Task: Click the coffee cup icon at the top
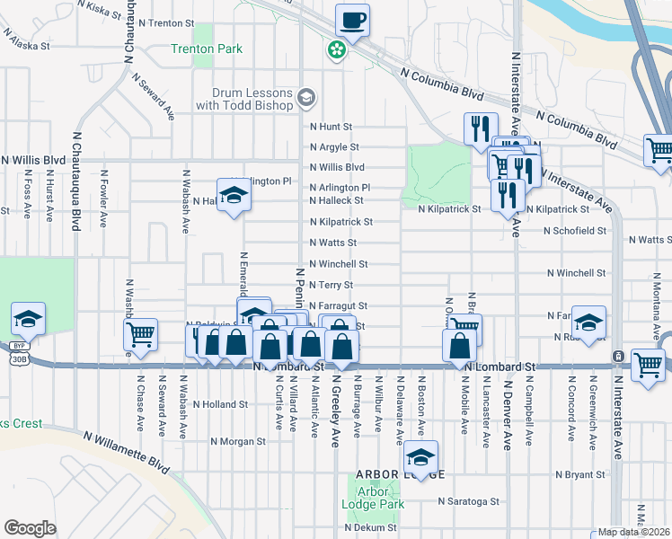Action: click(352, 20)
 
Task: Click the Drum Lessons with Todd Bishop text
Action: click(252, 99)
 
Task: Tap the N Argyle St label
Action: click(334, 147)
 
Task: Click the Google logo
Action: click(30, 528)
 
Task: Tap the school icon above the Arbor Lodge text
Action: click(420, 457)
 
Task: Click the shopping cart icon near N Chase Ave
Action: click(140, 335)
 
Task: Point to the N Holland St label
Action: click(220, 404)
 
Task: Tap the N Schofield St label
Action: click(576, 230)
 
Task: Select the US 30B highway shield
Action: click(19, 358)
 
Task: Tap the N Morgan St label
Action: click(238, 441)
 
